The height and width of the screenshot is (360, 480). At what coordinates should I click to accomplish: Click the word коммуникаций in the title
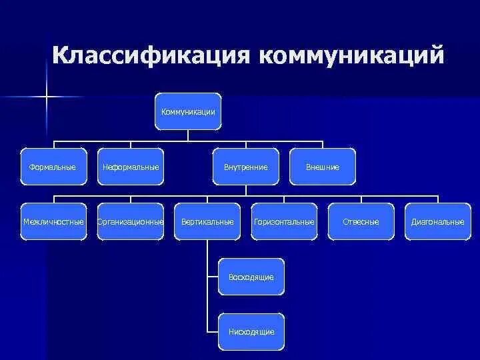tap(352, 55)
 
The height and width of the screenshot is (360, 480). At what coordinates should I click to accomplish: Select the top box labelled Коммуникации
tap(188, 111)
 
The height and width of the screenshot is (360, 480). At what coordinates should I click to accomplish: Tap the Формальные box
tap(53, 167)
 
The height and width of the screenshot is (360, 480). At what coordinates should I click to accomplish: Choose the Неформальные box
tap(131, 167)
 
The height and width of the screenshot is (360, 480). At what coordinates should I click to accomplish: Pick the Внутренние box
tap(246, 167)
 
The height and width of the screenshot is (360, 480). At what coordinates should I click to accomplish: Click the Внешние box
tap(323, 167)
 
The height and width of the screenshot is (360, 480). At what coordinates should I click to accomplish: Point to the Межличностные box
tap(53, 221)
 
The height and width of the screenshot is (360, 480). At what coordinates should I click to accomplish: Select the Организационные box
tap(131, 221)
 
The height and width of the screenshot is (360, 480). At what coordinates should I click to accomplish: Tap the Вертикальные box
tap(207, 221)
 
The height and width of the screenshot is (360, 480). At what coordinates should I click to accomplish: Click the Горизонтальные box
tap(284, 221)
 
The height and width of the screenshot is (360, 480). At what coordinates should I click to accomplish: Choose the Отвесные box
tap(361, 221)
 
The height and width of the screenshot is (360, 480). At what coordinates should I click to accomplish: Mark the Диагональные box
tap(438, 221)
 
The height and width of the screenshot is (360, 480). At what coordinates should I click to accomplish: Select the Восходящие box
tap(251, 277)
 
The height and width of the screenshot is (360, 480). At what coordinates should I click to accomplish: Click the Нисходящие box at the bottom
tap(251, 331)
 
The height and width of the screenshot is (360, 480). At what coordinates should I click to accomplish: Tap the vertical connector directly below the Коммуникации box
tap(188, 135)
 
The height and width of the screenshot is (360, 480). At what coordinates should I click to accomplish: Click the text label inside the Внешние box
tap(323, 167)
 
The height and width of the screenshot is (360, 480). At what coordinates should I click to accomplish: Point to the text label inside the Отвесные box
tap(361, 221)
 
